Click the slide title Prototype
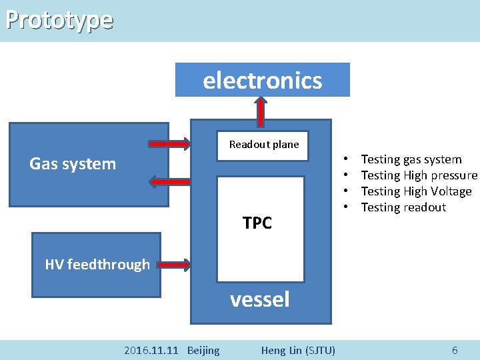[x=59, y=20]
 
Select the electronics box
[x=262, y=80]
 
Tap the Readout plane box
[x=264, y=145]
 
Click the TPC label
[x=257, y=223]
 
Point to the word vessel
[x=260, y=299]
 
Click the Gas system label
[x=73, y=164]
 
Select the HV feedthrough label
[x=97, y=265]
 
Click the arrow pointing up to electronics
[x=262, y=111]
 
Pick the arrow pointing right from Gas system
[x=169, y=143]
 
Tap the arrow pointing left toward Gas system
[x=169, y=181]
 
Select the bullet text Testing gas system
[x=411, y=159]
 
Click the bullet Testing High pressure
[x=419, y=175]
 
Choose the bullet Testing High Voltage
[x=416, y=191]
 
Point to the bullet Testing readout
[x=403, y=207]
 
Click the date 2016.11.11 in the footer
[x=151, y=350]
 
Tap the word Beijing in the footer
[x=203, y=350]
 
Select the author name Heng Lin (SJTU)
[x=298, y=350]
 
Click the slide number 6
[x=455, y=350]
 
